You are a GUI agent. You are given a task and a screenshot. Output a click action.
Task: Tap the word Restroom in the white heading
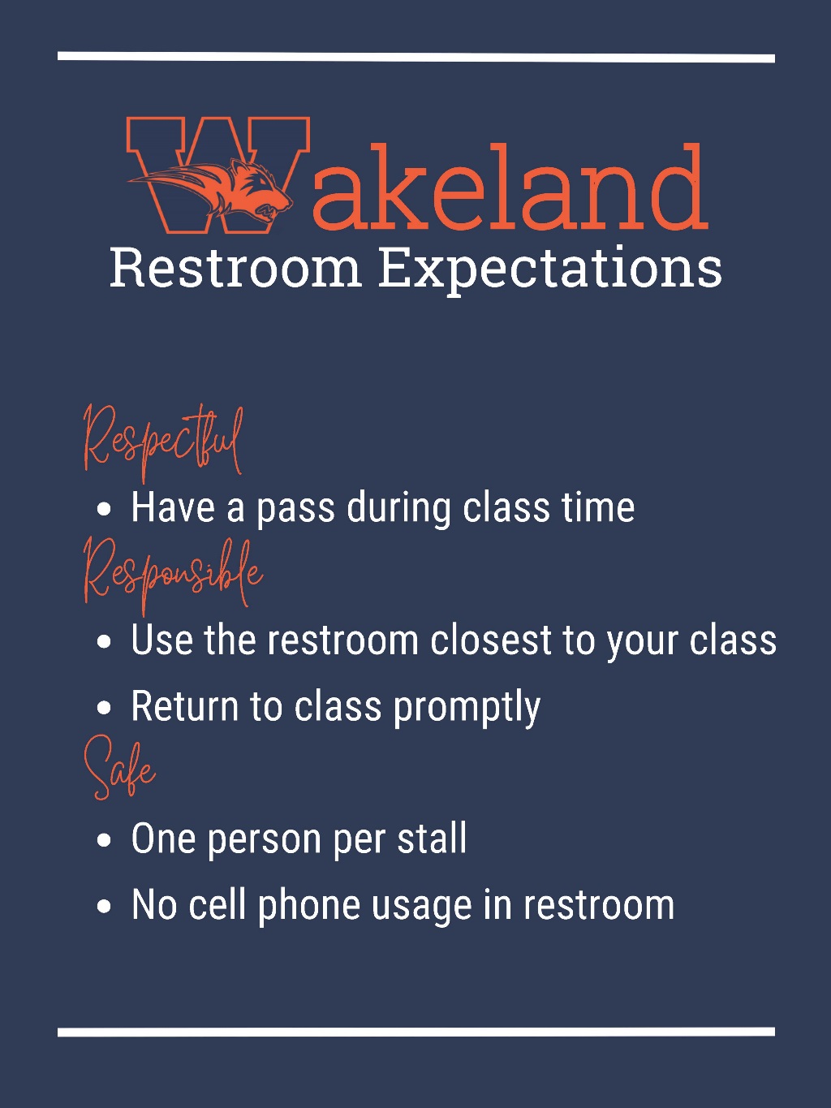235,268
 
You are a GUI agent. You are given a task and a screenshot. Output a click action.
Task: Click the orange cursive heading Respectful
163,442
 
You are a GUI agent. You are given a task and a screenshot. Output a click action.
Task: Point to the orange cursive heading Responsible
173,573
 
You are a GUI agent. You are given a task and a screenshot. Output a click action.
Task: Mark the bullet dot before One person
104,841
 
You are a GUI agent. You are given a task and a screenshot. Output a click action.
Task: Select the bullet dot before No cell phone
104,907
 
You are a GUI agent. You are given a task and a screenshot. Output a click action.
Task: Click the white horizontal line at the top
415,58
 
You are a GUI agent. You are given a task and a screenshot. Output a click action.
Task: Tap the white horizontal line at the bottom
415,1033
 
